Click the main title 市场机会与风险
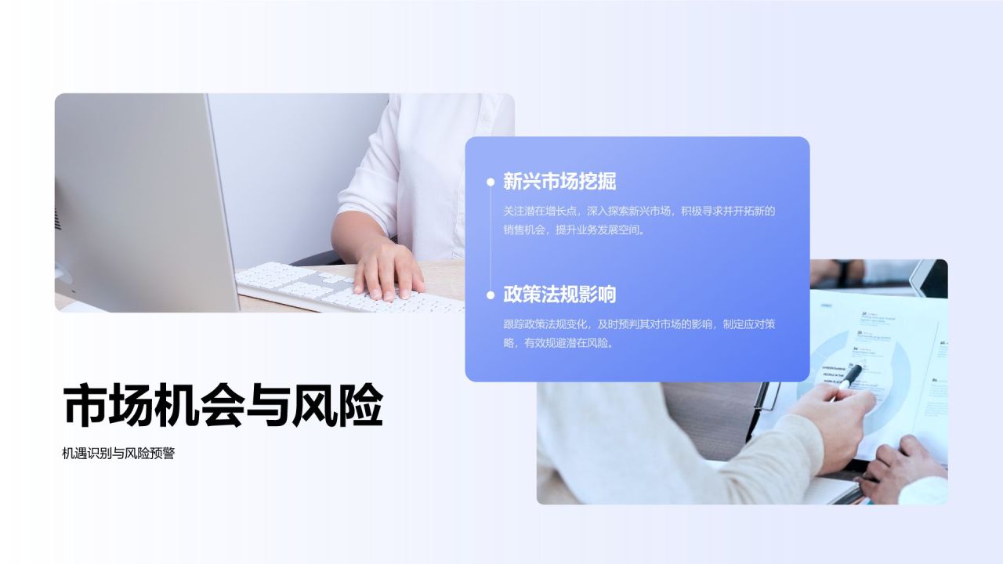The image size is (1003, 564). (x=223, y=405)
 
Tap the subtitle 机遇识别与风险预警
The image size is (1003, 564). (x=118, y=453)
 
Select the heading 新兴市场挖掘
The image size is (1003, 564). (x=559, y=182)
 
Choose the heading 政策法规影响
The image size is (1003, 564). (x=559, y=295)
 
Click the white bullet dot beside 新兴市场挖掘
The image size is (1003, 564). (x=491, y=182)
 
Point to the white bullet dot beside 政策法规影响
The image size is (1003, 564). (x=491, y=295)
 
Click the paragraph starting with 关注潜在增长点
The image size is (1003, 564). (x=639, y=220)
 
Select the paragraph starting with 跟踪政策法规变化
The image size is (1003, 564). (x=639, y=333)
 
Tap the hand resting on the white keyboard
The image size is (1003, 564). (x=387, y=270)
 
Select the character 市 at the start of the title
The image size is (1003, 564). (x=85, y=405)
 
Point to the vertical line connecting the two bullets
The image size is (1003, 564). (x=491, y=239)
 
